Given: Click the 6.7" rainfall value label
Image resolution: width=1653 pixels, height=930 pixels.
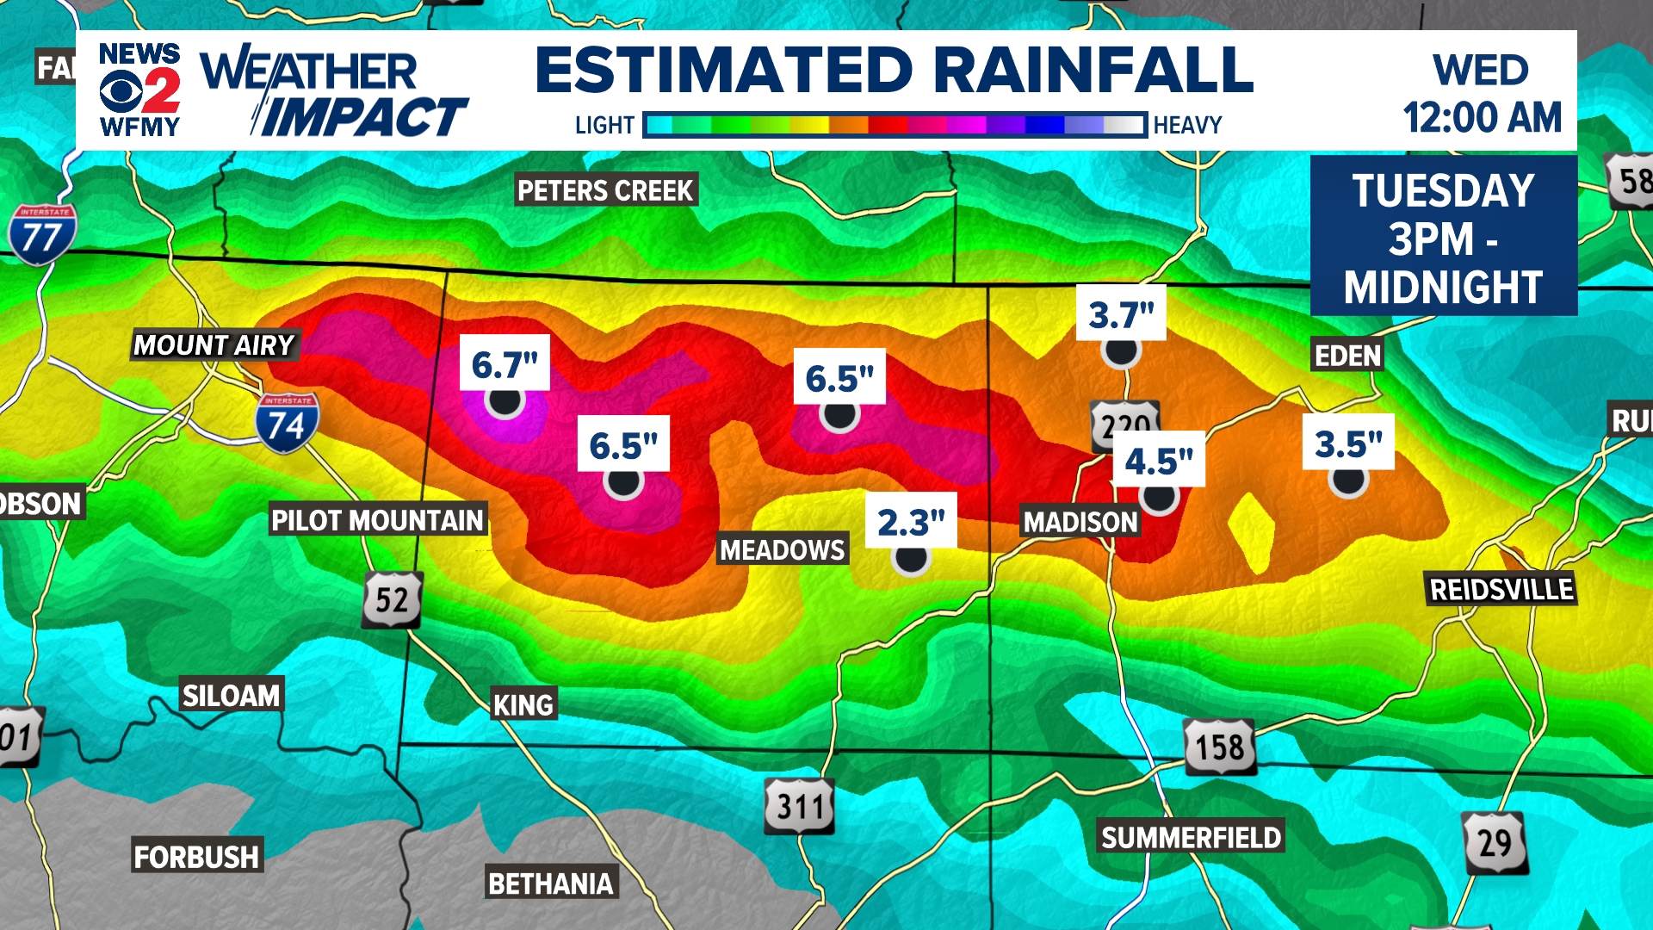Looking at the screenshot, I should point(505,365).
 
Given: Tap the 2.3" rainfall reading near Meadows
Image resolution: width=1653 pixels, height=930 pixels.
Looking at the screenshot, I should point(911,522).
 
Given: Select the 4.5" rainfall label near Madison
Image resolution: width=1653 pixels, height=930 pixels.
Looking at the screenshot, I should point(1159,462).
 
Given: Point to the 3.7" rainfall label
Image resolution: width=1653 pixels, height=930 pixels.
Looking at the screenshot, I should point(1121,315).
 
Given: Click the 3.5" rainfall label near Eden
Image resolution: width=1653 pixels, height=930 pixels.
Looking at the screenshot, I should point(1348,444).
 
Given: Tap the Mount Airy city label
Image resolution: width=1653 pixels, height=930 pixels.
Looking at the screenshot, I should point(214,345).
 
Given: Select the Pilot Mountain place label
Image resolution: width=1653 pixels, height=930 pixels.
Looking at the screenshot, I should point(377,520).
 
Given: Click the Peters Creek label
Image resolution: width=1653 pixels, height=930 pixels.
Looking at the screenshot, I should point(605,190).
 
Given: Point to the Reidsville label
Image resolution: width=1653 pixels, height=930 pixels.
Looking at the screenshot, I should point(1501,590).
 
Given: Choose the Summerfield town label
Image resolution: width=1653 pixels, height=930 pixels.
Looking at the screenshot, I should point(1191,837).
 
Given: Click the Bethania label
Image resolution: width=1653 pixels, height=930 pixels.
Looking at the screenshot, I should point(551,883).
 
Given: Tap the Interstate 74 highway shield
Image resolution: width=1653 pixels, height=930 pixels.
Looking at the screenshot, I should point(287,423).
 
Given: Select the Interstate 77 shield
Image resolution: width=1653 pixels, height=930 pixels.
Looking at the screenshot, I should point(42,234).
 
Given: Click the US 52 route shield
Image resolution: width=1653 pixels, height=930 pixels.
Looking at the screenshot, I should point(392,599).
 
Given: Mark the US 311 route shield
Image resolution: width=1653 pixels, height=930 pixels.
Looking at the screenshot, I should point(800,807).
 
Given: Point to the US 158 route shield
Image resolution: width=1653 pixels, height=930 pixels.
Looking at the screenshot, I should point(1220,747).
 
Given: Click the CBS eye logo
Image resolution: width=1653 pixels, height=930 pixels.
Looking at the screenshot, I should point(121,91).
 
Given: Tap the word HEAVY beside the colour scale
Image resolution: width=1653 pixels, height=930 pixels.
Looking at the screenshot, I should point(1187,126).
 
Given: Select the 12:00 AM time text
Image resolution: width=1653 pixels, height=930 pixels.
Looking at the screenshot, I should point(1482,118).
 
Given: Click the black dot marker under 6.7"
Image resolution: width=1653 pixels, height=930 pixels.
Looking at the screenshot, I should point(505,401).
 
